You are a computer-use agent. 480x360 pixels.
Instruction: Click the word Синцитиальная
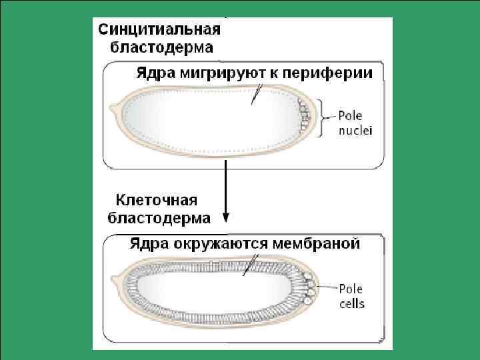pos(159,29)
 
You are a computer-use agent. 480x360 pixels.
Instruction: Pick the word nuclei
pos(355,130)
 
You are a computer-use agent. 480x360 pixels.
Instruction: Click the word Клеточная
pos(157,200)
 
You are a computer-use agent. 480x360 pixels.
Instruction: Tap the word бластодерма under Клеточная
pos(159,217)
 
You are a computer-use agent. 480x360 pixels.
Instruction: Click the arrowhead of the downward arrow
pos(226,217)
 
